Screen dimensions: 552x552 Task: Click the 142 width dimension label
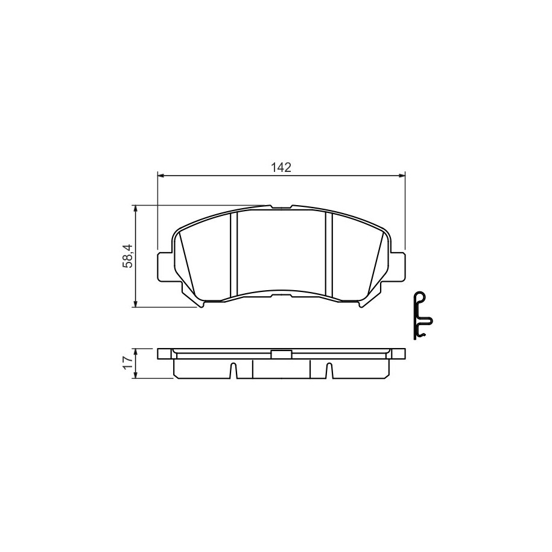point(281,167)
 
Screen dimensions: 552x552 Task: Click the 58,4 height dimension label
point(127,256)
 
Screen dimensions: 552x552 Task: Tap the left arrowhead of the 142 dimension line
point(161,175)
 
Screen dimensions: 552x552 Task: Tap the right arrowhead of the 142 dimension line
point(402,175)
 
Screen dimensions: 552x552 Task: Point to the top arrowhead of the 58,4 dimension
point(135,209)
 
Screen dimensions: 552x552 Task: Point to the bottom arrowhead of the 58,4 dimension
point(135,303)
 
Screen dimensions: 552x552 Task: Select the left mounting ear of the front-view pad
point(165,267)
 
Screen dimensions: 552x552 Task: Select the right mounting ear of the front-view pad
point(398,267)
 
